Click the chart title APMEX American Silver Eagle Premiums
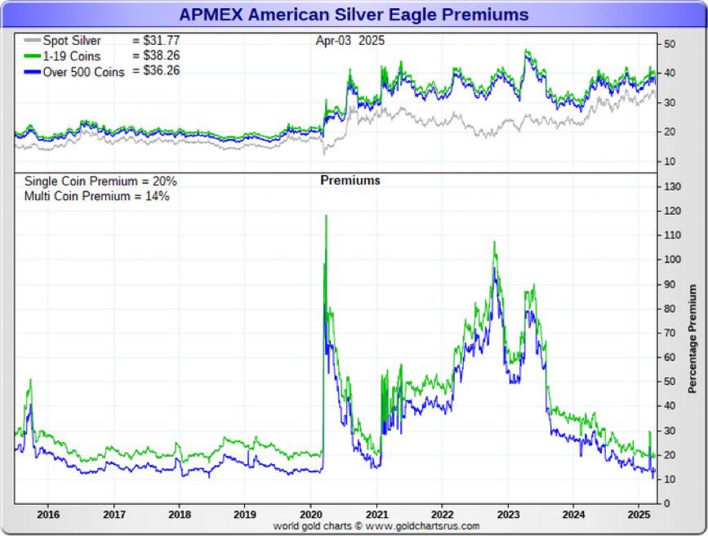354,15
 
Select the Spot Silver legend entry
73,40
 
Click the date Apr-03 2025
350,40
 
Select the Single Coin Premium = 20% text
100,181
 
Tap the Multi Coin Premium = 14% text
96,196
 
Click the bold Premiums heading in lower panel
350,181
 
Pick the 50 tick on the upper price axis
669,43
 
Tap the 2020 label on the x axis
310,516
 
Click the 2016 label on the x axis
48,516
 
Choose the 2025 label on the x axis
639,516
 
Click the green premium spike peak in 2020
327,216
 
